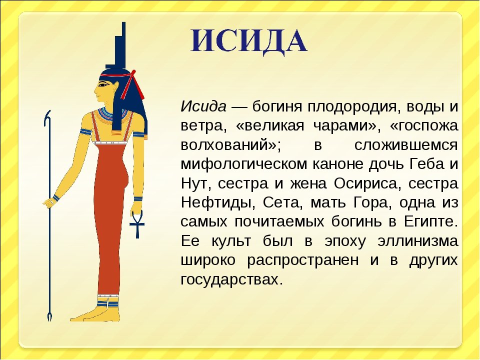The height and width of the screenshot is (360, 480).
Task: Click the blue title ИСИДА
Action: click(x=249, y=41)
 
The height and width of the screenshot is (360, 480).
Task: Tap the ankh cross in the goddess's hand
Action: click(x=136, y=224)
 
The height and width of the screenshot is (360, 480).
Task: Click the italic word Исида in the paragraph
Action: click(x=203, y=106)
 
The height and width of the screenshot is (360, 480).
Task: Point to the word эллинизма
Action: click(x=418, y=241)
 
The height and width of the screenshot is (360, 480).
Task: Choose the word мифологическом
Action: click(x=244, y=164)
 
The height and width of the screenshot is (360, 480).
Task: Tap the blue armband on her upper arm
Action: click(x=85, y=132)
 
